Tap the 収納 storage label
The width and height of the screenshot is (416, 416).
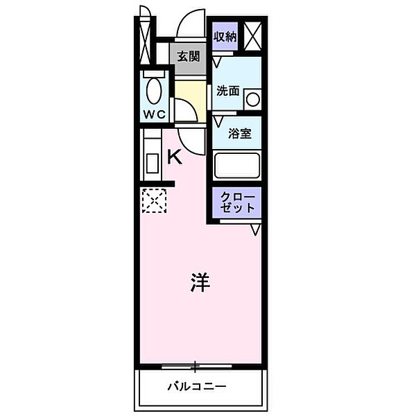coord(225,36)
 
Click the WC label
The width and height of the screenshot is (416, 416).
coord(154,114)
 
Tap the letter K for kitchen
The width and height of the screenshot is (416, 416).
coord(175,157)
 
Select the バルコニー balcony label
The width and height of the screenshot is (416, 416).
coord(197,385)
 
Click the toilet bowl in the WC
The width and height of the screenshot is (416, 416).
coord(154,89)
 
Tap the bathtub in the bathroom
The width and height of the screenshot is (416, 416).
coord(237,166)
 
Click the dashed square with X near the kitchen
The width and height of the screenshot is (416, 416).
coord(155,201)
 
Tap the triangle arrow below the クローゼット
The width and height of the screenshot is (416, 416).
coord(256,229)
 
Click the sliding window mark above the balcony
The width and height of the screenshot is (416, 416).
coord(197,365)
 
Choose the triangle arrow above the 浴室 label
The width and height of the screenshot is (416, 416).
coord(219,120)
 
